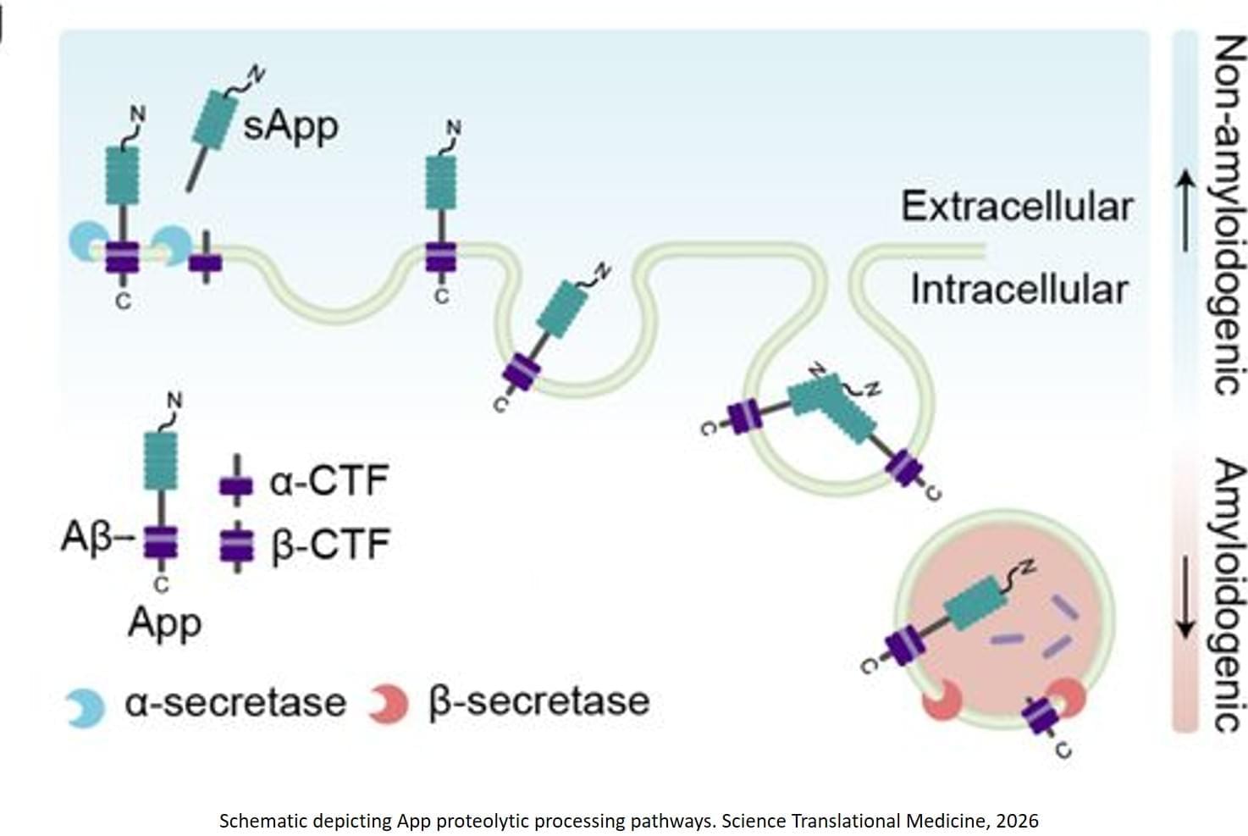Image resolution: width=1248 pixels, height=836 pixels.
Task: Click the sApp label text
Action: tap(290, 127)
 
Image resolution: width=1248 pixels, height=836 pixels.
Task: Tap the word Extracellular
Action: tap(1016, 207)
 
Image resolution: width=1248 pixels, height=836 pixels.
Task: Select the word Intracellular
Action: tap(1019, 290)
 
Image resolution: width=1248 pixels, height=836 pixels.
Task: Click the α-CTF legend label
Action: tap(329, 481)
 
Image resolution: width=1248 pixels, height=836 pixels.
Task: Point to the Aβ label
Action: tap(86, 537)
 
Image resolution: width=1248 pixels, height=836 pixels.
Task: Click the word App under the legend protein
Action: tap(164, 623)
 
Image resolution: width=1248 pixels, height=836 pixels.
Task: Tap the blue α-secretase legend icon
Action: tap(86, 708)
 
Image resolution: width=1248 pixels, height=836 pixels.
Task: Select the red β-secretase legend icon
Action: tap(389, 704)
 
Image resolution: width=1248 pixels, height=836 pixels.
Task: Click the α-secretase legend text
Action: tap(235, 703)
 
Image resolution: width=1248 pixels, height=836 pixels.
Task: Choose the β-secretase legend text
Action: tap(540, 701)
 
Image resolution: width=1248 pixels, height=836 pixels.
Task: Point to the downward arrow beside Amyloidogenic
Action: tap(1185, 597)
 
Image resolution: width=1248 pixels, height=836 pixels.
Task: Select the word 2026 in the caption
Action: tap(1017, 821)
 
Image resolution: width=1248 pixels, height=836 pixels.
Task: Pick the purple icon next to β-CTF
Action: tap(236, 545)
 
